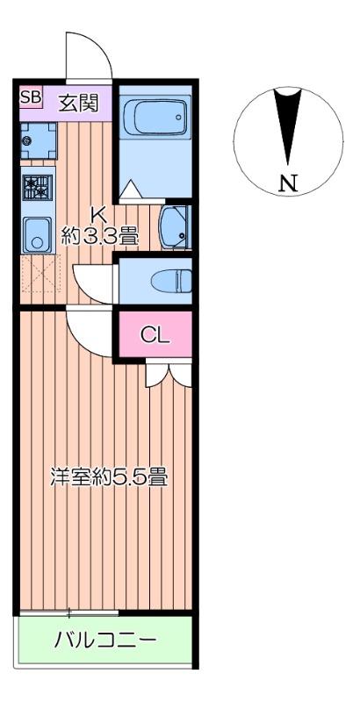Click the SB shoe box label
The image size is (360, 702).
(31, 97)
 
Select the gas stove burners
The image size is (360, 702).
(38, 188)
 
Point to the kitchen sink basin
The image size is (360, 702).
(36, 233)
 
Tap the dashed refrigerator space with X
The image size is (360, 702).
(37, 274)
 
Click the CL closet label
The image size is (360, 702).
(155, 334)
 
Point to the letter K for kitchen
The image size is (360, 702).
(100, 213)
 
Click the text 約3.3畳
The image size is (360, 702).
(100, 235)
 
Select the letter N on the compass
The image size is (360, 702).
(287, 183)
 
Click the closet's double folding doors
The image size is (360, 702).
(169, 374)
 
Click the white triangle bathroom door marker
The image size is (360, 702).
(129, 189)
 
